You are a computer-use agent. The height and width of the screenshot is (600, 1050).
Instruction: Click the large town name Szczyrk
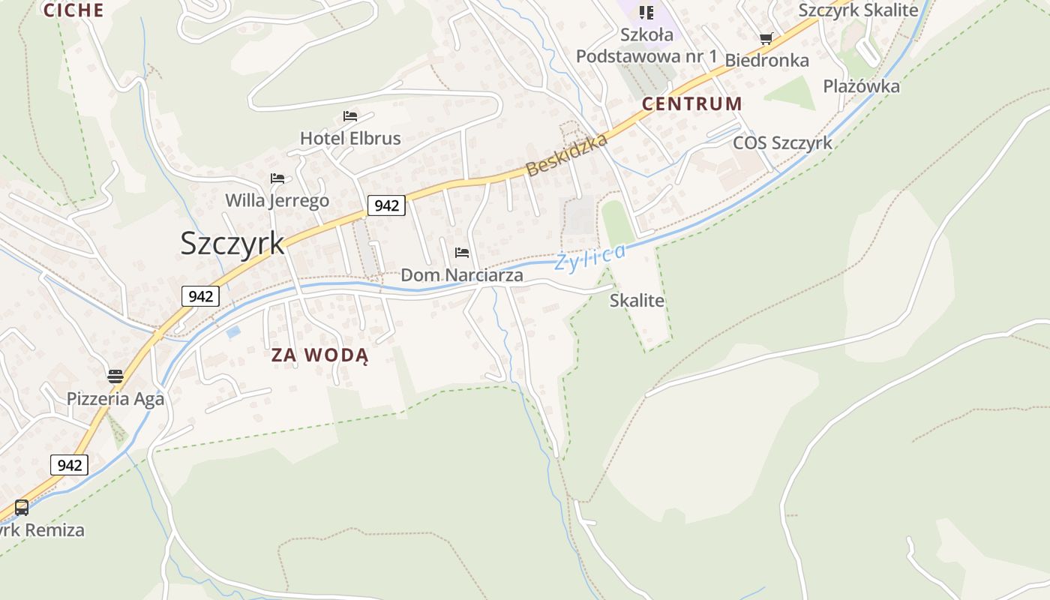point(232,244)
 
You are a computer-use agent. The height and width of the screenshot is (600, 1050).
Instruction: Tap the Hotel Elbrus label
point(350,139)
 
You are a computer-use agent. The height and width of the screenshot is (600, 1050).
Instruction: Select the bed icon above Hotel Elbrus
point(350,116)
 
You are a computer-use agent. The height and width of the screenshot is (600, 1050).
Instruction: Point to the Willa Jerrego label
point(277,201)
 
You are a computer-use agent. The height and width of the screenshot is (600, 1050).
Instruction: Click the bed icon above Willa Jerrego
point(277,178)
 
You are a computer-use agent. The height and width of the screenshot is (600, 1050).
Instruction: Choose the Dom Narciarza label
point(462,275)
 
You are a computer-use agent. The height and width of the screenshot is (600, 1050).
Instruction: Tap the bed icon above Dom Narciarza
point(462,253)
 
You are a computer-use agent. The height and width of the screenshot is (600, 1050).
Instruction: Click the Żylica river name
point(589,257)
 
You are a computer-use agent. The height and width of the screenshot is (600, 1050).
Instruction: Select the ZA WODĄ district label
point(320,355)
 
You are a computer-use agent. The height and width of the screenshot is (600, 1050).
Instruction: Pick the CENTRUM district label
point(692,104)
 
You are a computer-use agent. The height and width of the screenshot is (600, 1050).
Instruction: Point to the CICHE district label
point(73,10)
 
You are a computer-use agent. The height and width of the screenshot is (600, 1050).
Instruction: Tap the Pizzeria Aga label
point(115,399)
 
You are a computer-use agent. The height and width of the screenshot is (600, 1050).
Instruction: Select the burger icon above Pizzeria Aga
point(115,376)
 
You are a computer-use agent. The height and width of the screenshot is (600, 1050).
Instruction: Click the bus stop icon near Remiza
point(22,508)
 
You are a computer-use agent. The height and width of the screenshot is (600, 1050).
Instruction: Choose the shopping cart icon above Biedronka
point(766,39)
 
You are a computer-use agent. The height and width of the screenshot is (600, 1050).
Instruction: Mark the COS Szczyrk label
point(782,143)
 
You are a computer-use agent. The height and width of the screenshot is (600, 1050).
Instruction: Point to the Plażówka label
point(861,86)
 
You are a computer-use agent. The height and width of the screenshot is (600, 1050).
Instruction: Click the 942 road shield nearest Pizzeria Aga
point(70,465)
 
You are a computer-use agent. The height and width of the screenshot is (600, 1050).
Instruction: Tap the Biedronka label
point(766,61)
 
